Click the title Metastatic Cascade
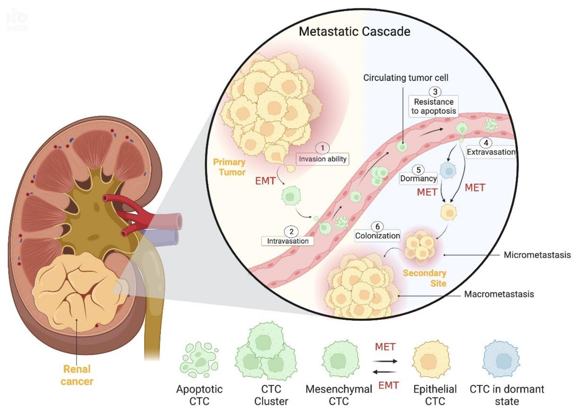tap(354, 32)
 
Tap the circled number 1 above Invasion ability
tap(322, 148)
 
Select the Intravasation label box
tap(288, 241)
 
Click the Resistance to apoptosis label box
tap(433, 106)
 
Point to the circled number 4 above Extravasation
tap(486, 143)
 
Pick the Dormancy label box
tap(418, 179)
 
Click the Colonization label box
tap(377, 236)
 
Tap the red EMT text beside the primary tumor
tap(265, 181)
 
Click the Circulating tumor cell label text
tap(406, 78)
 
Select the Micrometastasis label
tap(537, 255)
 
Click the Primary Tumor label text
tap(229, 167)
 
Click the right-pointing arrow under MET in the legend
tap(385, 361)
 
